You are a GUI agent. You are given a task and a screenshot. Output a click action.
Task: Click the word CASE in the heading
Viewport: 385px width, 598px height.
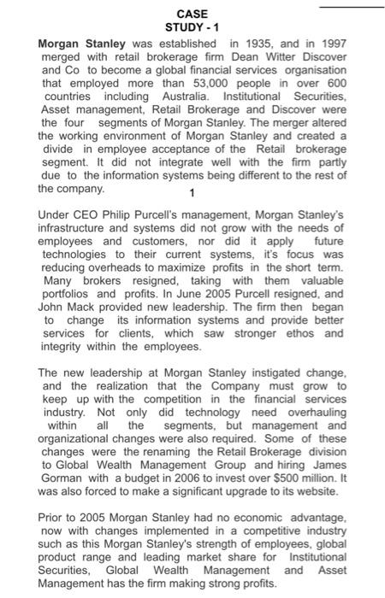pyautogui.click(x=186, y=15)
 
